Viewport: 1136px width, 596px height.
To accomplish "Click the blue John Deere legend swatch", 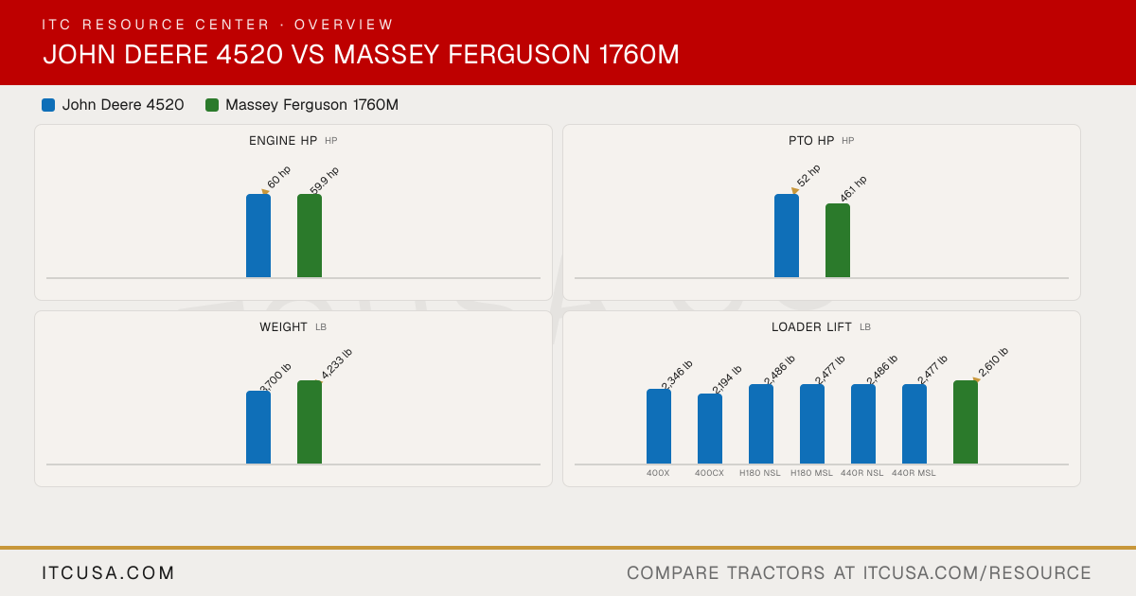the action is pos(48,105).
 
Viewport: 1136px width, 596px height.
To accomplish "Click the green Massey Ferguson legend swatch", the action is pos(212,105).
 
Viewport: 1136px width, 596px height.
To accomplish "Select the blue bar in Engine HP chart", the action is pos(258,236).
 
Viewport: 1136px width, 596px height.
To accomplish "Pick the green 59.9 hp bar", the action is pos(310,236).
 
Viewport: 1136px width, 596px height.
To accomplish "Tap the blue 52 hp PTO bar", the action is pos(787,236).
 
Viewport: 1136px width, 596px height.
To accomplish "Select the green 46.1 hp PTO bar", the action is pos(838,240).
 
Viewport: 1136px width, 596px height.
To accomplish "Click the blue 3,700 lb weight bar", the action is pos(258,428).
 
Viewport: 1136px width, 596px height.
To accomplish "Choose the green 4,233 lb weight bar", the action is pos(310,422).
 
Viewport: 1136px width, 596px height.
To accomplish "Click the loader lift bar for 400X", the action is pos(659,427).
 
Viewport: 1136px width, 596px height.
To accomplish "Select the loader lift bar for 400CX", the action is pos(710,429).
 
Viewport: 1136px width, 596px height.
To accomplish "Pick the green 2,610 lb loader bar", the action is pos(966,422).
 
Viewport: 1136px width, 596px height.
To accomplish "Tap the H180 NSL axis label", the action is pos(759,473).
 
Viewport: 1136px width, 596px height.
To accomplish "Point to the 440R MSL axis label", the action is pos(914,473).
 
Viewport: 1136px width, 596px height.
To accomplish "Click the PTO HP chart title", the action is pos(811,140).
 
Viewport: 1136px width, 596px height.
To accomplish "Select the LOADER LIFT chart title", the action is pos(811,327).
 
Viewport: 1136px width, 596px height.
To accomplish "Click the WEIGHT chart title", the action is pos(283,327).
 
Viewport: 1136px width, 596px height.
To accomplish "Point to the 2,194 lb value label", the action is pos(726,379).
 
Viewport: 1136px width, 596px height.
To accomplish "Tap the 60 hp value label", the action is pos(278,177).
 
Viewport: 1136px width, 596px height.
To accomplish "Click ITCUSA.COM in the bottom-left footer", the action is pos(108,572).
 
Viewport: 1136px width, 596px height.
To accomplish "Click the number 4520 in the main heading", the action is pos(249,54).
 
